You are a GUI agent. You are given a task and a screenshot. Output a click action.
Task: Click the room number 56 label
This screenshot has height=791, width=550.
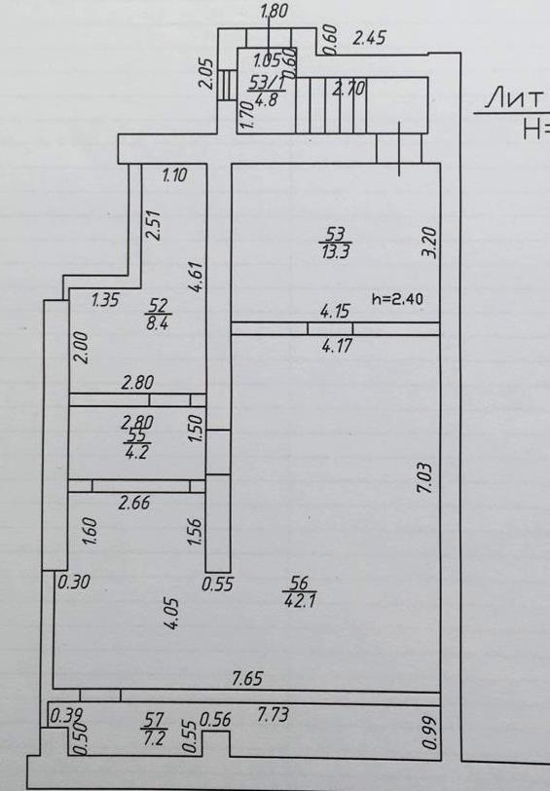point(300,584)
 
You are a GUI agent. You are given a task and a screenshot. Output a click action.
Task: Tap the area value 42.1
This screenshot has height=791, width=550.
point(300,601)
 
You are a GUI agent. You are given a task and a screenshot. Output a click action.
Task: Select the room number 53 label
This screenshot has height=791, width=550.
point(335,234)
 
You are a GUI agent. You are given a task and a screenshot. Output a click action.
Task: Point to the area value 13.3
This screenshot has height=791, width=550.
point(336,250)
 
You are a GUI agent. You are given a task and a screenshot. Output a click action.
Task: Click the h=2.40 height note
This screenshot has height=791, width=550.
point(397,299)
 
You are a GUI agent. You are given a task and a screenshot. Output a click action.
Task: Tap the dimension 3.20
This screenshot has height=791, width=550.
point(430,244)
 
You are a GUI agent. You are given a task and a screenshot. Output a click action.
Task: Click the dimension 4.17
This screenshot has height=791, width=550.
point(336,346)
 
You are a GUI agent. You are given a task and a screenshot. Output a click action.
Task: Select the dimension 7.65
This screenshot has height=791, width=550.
point(247,678)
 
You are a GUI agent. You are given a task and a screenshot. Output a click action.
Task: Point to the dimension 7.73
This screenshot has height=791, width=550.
point(273,714)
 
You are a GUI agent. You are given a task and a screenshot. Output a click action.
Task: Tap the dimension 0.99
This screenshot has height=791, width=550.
point(429,733)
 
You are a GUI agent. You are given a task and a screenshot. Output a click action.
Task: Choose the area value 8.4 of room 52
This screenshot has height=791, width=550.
point(157,322)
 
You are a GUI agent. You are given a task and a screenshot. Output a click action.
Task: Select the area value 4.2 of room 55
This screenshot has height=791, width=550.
point(135,452)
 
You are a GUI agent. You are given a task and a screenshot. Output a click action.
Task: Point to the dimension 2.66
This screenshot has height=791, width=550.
point(134,503)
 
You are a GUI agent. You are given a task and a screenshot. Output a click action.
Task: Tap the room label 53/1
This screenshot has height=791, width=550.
point(267,83)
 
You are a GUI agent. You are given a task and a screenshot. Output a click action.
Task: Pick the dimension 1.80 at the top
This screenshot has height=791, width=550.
point(274,11)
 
